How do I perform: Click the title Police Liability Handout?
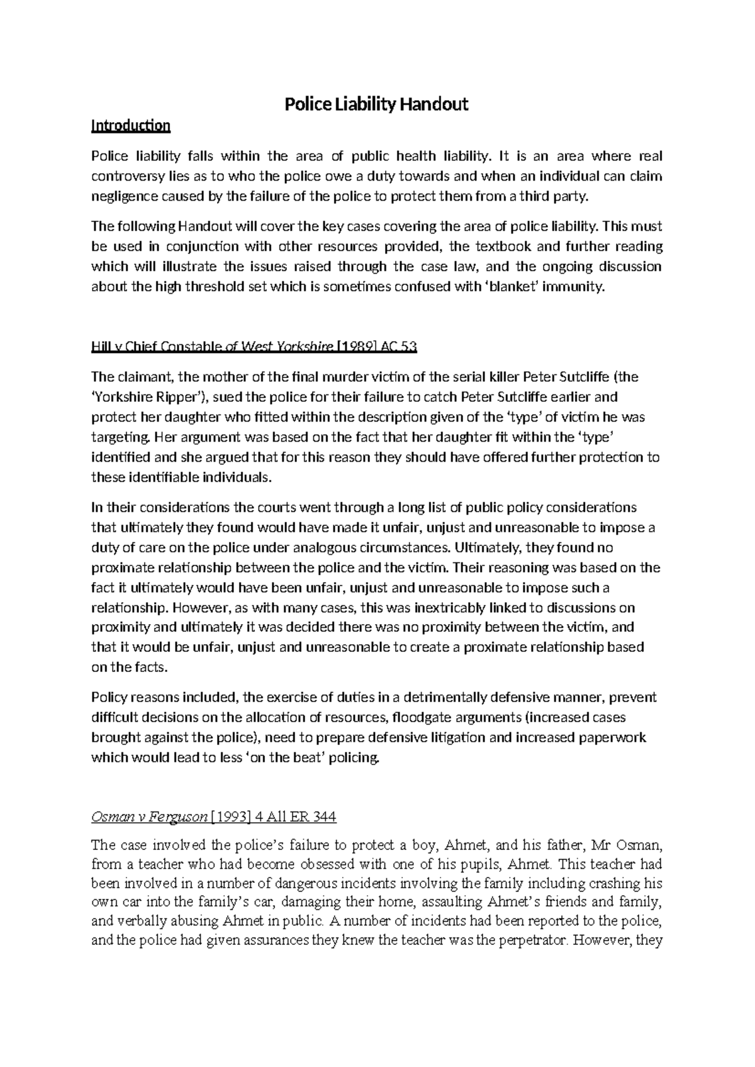coord(377,104)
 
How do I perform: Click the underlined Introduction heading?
coord(131,126)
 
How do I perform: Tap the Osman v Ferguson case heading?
coord(150,817)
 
